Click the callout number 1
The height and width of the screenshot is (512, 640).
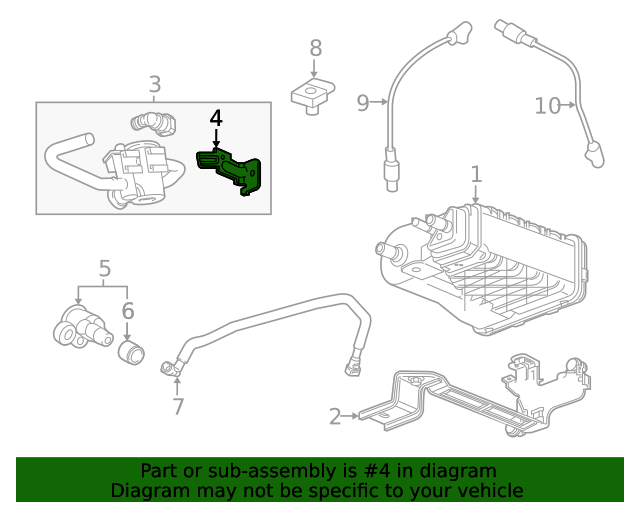coord(476,174)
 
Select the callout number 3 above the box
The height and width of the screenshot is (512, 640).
coord(154,85)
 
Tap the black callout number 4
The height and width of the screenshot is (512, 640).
coord(216,118)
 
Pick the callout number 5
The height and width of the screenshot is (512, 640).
coord(105,268)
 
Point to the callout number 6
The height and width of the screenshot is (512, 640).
coord(128,311)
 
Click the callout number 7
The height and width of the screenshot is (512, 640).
coord(178,406)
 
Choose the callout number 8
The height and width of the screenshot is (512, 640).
coord(315,47)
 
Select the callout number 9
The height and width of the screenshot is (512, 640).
coord(363,101)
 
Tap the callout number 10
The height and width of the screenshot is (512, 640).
coord(547,104)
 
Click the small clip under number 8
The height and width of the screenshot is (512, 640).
coord(313,96)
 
